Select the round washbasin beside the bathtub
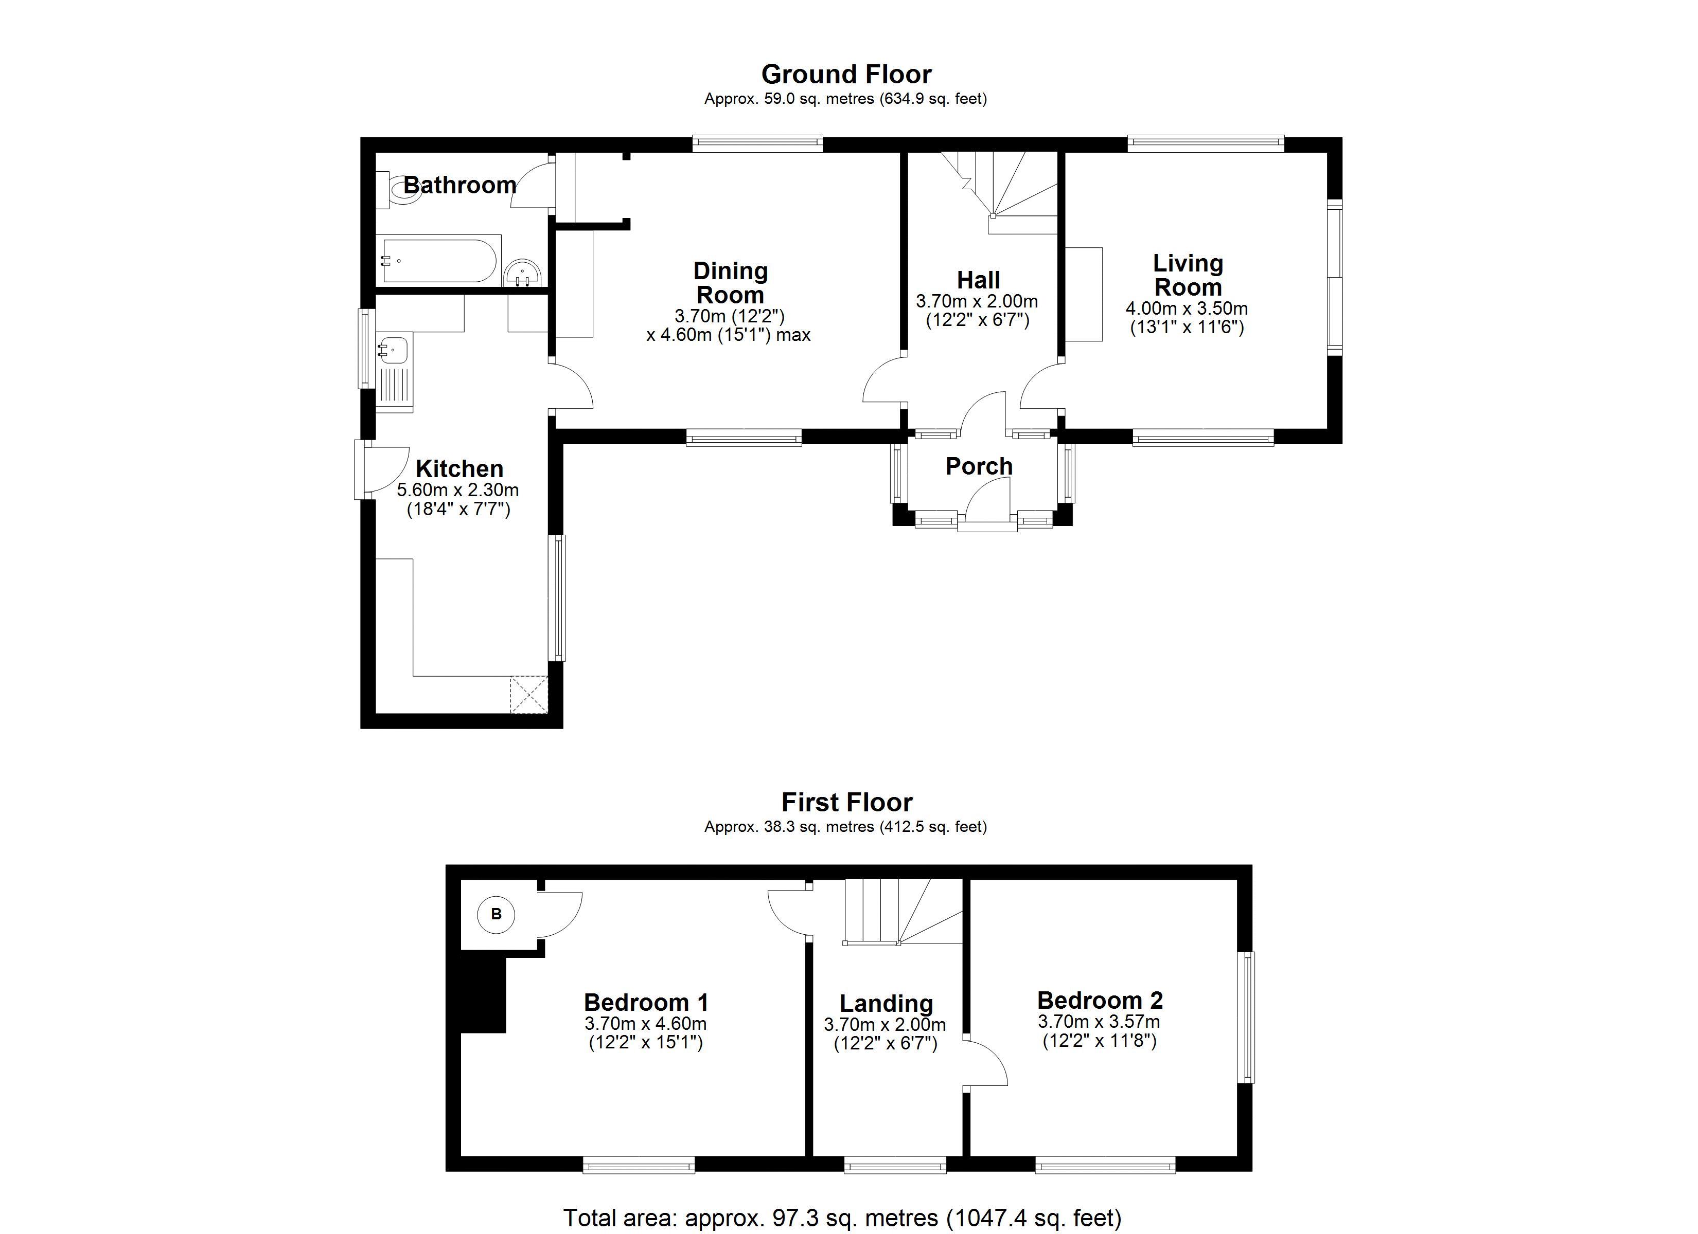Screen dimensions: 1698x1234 click(x=523, y=273)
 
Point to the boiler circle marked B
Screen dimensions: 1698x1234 click(x=496, y=914)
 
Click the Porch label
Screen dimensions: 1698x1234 click(x=979, y=466)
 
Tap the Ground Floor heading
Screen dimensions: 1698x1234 click(x=846, y=74)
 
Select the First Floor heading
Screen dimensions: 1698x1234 click(x=847, y=802)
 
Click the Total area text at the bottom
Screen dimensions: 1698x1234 click(x=842, y=1218)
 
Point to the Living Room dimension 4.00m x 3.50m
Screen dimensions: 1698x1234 click(x=1187, y=308)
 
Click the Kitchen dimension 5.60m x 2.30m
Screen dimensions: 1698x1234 click(x=457, y=490)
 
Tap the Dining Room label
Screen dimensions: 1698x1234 click(x=730, y=282)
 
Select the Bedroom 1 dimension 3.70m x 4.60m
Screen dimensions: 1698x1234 click(x=645, y=1023)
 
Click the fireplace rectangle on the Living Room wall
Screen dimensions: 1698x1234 click(x=1084, y=294)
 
